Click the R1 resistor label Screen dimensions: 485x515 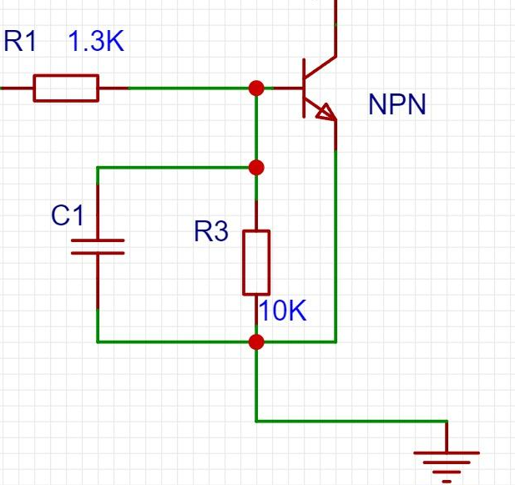click(21, 41)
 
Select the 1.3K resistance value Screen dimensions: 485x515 click(96, 41)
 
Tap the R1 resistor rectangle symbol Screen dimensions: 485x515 click(66, 88)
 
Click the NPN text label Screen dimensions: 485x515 click(396, 105)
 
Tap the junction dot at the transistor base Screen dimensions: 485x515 click(256, 88)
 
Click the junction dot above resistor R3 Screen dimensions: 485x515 click(256, 168)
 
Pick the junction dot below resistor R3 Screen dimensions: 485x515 click(256, 341)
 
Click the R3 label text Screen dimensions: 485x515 click(211, 231)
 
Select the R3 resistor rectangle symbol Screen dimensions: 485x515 click(256, 262)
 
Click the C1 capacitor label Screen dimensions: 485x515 click(68, 216)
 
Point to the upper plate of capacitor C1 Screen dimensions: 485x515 click(98, 240)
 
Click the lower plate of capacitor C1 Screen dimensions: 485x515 click(98, 252)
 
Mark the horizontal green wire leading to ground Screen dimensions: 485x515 click(351, 420)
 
